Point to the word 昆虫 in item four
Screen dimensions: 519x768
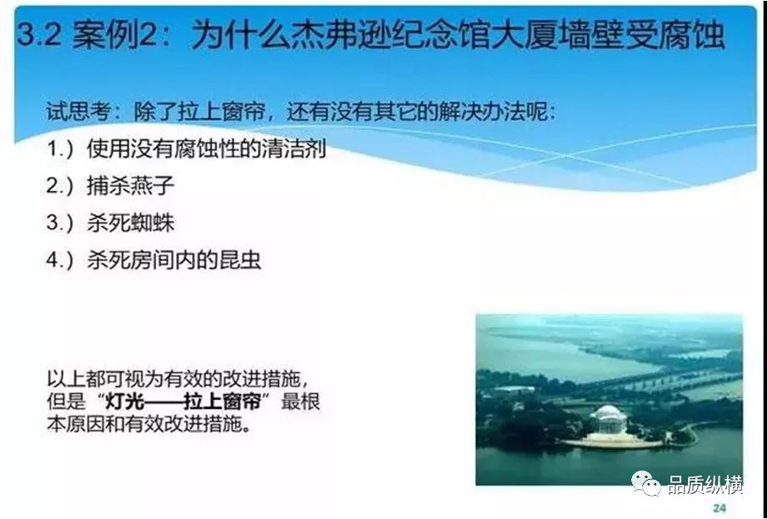pos(241,259)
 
